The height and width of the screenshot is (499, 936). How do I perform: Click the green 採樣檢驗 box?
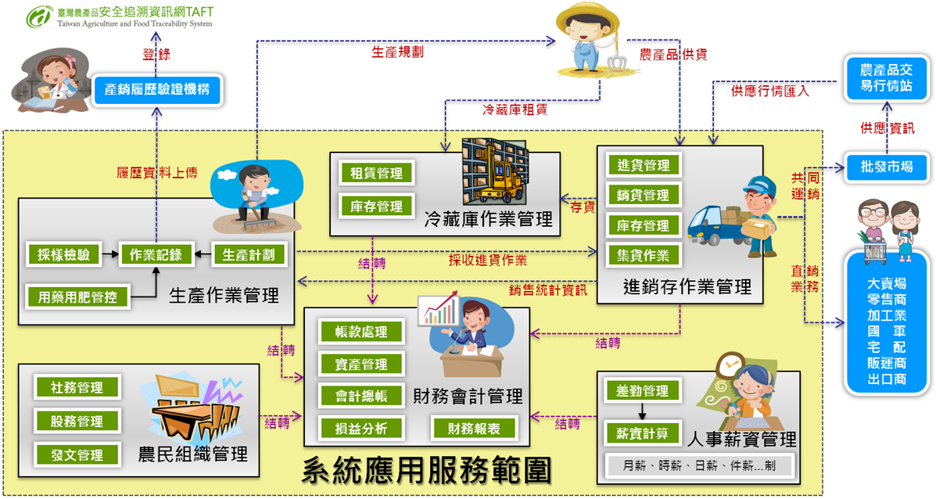(x=63, y=254)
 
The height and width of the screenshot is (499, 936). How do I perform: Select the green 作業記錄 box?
(x=156, y=254)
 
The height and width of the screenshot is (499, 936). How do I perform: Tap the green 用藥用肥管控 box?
(x=77, y=296)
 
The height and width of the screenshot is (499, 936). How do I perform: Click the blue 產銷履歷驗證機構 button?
(x=156, y=90)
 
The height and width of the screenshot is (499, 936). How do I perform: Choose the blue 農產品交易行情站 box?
(x=886, y=77)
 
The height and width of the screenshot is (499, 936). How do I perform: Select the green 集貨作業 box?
(x=644, y=255)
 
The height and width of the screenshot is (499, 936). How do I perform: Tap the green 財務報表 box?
(x=473, y=428)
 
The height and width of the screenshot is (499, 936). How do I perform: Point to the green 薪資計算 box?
(x=643, y=433)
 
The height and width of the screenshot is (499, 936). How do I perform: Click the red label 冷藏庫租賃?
(x=515, y=109)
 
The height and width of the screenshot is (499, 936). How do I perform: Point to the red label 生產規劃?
(x=397, y=52)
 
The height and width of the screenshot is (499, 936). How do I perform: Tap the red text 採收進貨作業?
(x=487, y=260)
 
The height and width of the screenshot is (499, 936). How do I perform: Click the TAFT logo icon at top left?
(x=38, y=16)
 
